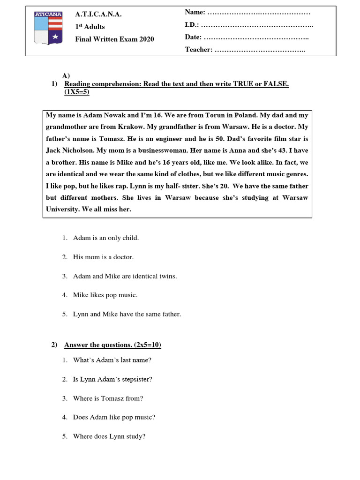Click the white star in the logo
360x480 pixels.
click(x=55, y=36)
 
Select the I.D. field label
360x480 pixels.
click(x=192, y=24)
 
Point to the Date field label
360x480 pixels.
click(x=193, y=37)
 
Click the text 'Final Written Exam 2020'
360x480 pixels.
click(x=114, y=39)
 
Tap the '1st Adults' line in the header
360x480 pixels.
click(x=90, y=27)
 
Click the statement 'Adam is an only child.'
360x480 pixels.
click(x=106, y=238)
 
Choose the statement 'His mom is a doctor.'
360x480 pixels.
click(x=103, y=257)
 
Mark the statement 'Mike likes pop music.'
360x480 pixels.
click(x=105, y=295)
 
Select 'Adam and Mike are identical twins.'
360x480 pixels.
click(x=125, y=277)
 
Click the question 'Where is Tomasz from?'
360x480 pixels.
click(x=108, y=398)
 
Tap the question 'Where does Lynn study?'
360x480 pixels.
click(x=109, y=436)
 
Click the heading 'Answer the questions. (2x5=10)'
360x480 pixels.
click(x=112, y=345)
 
